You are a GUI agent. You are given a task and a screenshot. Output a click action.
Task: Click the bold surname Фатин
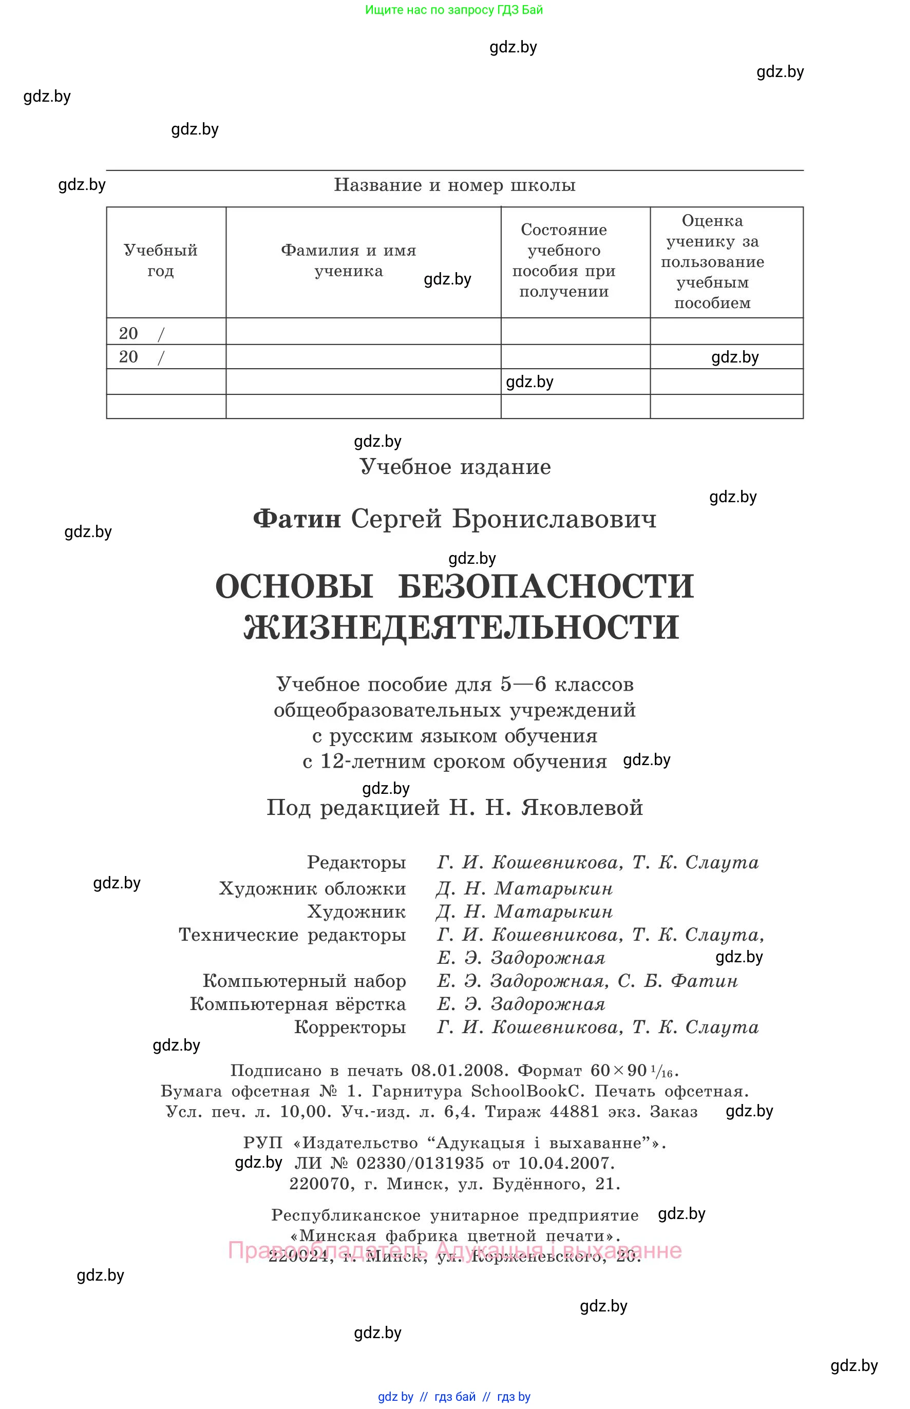pos(297,519)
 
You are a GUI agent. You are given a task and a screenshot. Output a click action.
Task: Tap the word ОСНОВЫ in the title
pos(294,586)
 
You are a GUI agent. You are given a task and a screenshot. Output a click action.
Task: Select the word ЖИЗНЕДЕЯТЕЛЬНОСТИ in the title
pos(461,627)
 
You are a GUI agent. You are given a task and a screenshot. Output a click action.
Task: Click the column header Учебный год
pos(160,260)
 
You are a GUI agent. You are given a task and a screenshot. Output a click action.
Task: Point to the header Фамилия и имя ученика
pos(349,260)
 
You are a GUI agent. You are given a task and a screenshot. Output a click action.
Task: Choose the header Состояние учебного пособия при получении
pos(564,260)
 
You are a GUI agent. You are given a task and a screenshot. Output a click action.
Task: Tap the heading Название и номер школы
pos(454,185)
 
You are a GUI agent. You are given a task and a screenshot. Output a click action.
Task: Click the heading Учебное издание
pos(455,467)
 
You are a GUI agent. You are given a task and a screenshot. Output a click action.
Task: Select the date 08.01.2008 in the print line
pos(459,1071)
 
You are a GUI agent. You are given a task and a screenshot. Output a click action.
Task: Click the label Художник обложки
pos(312,888)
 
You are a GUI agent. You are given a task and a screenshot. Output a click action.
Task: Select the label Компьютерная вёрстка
pos(298,1004)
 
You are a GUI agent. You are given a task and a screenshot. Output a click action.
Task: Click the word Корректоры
pos(350,1027)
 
